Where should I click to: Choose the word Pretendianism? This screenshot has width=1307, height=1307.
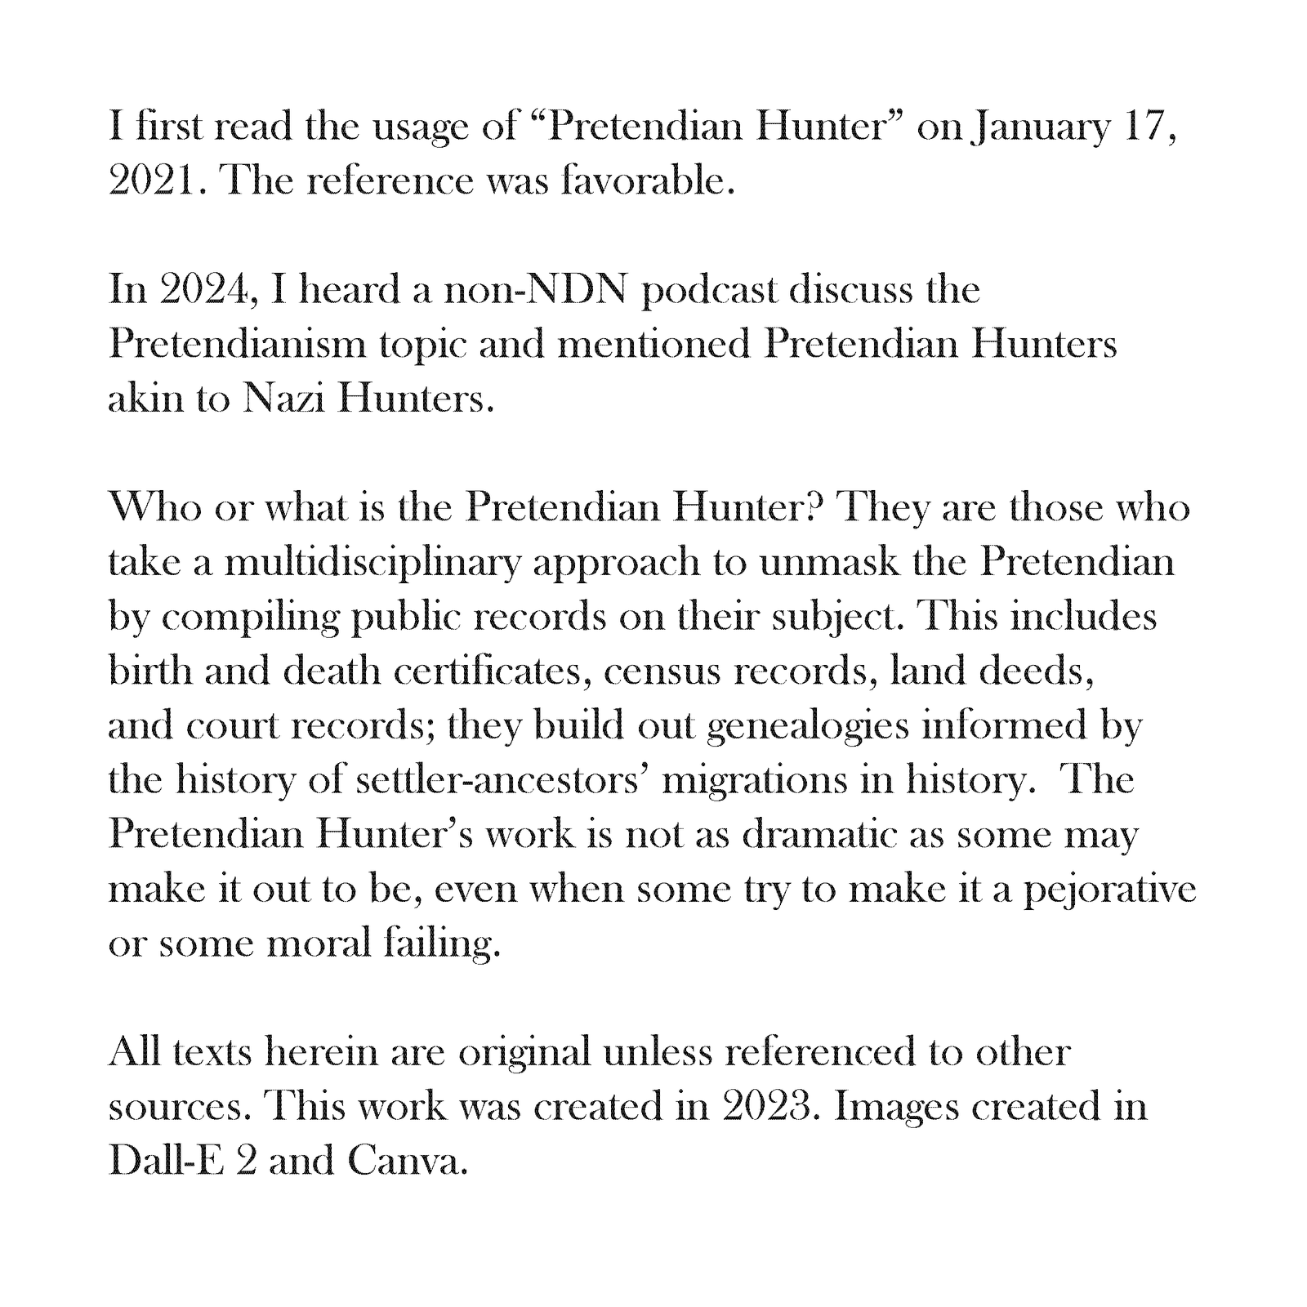click(x=238, y=345)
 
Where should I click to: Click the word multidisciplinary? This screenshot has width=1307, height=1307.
click(x=372, y=563)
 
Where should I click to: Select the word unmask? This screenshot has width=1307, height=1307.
click(x=829, y=563)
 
